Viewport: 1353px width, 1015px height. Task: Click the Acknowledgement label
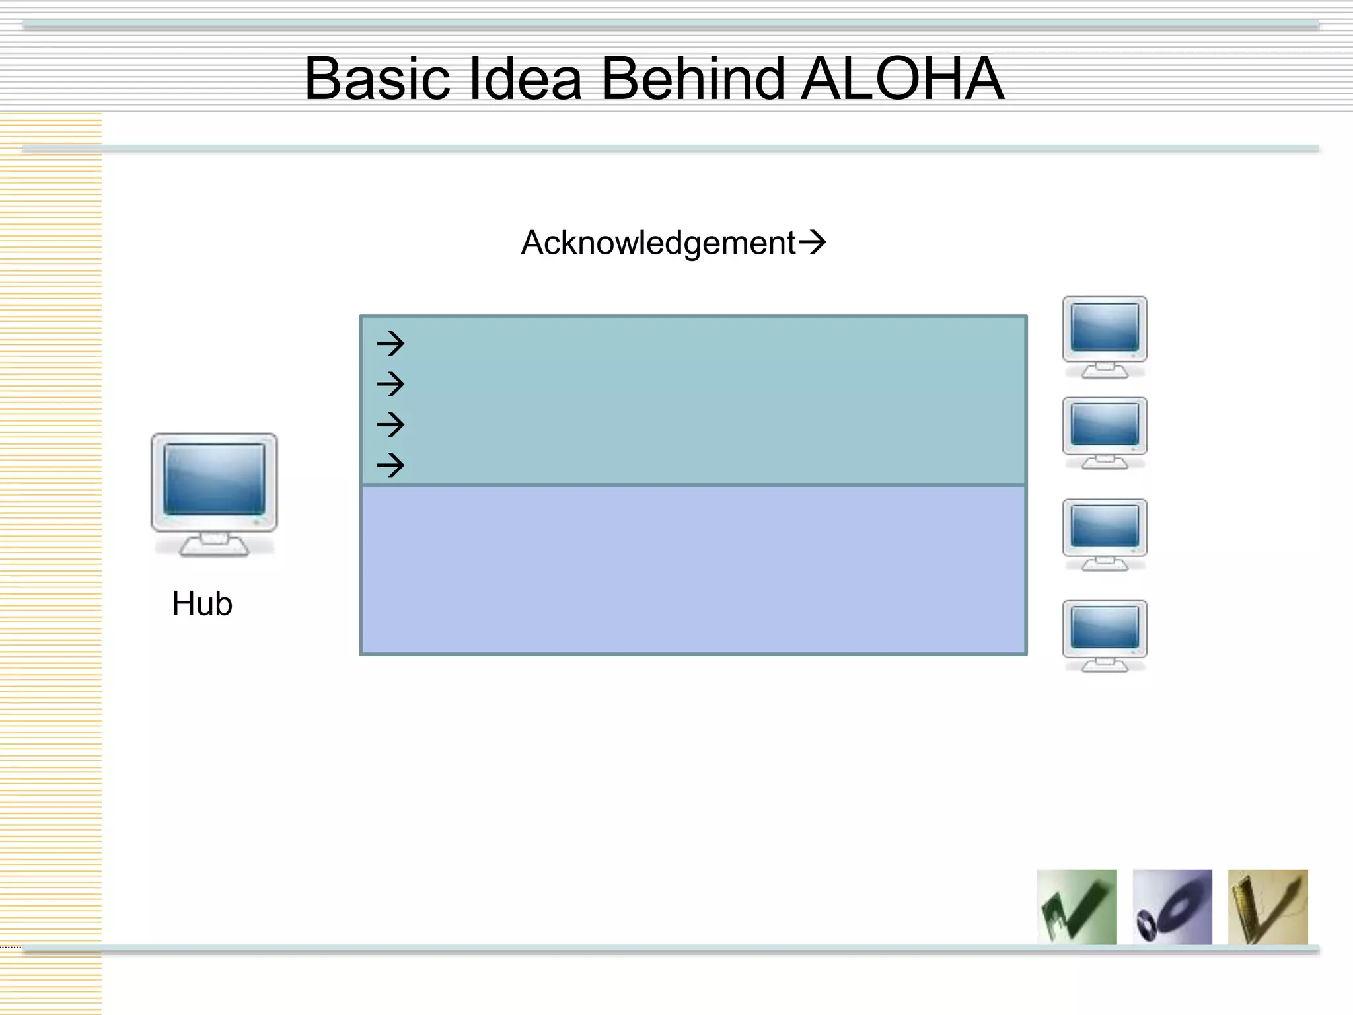click(x=658, y=243)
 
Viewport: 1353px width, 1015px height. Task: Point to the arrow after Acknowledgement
click(x=813, y=242)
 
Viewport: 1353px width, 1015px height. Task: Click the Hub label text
click(x=202, y=603)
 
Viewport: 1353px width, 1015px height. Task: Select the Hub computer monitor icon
click(x=214, y=492)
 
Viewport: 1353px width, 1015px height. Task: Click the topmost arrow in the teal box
click(x=390, y=343)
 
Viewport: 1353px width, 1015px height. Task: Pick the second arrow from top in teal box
click(x=390, y=384)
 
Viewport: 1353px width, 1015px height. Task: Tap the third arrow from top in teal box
click(x=390, y=424)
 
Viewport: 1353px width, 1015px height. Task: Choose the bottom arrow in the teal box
click(x=390, y=465)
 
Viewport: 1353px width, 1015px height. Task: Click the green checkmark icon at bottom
click(x=1077, y=907)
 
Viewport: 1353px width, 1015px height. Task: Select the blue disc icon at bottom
click(x=1172, y=907)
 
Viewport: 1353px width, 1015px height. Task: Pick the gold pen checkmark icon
click(x=1268, y=907)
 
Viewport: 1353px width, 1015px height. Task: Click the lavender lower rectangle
click(x=693, y=570)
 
